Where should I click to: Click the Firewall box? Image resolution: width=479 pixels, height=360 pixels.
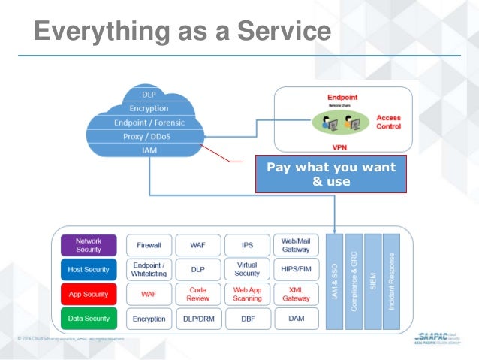[x=149, y=245]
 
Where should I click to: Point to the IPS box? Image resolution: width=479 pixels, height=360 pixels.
[x=247, y=245]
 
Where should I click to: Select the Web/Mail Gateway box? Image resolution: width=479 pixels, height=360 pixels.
[x=296, y=245]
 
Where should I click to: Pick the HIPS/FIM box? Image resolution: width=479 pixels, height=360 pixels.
[x=296, y=269]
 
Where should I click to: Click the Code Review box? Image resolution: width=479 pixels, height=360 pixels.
[x=198, y=294]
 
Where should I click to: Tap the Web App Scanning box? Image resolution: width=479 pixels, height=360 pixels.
[x=247, y=294]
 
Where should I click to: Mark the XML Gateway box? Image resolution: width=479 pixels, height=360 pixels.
[x=296, y=294]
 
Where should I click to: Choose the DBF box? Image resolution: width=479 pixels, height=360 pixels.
[x=247, y=319]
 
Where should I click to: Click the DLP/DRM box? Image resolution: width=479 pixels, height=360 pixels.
[x=198, y=319]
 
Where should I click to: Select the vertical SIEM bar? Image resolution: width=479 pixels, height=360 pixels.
[x=372, y=281]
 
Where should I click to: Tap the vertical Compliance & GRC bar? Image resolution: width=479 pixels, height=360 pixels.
[x=353, y=281]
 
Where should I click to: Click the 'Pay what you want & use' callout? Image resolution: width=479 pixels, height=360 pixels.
[x=330, y=174]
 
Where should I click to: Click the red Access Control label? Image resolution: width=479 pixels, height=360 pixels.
[x=388, y=123]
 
